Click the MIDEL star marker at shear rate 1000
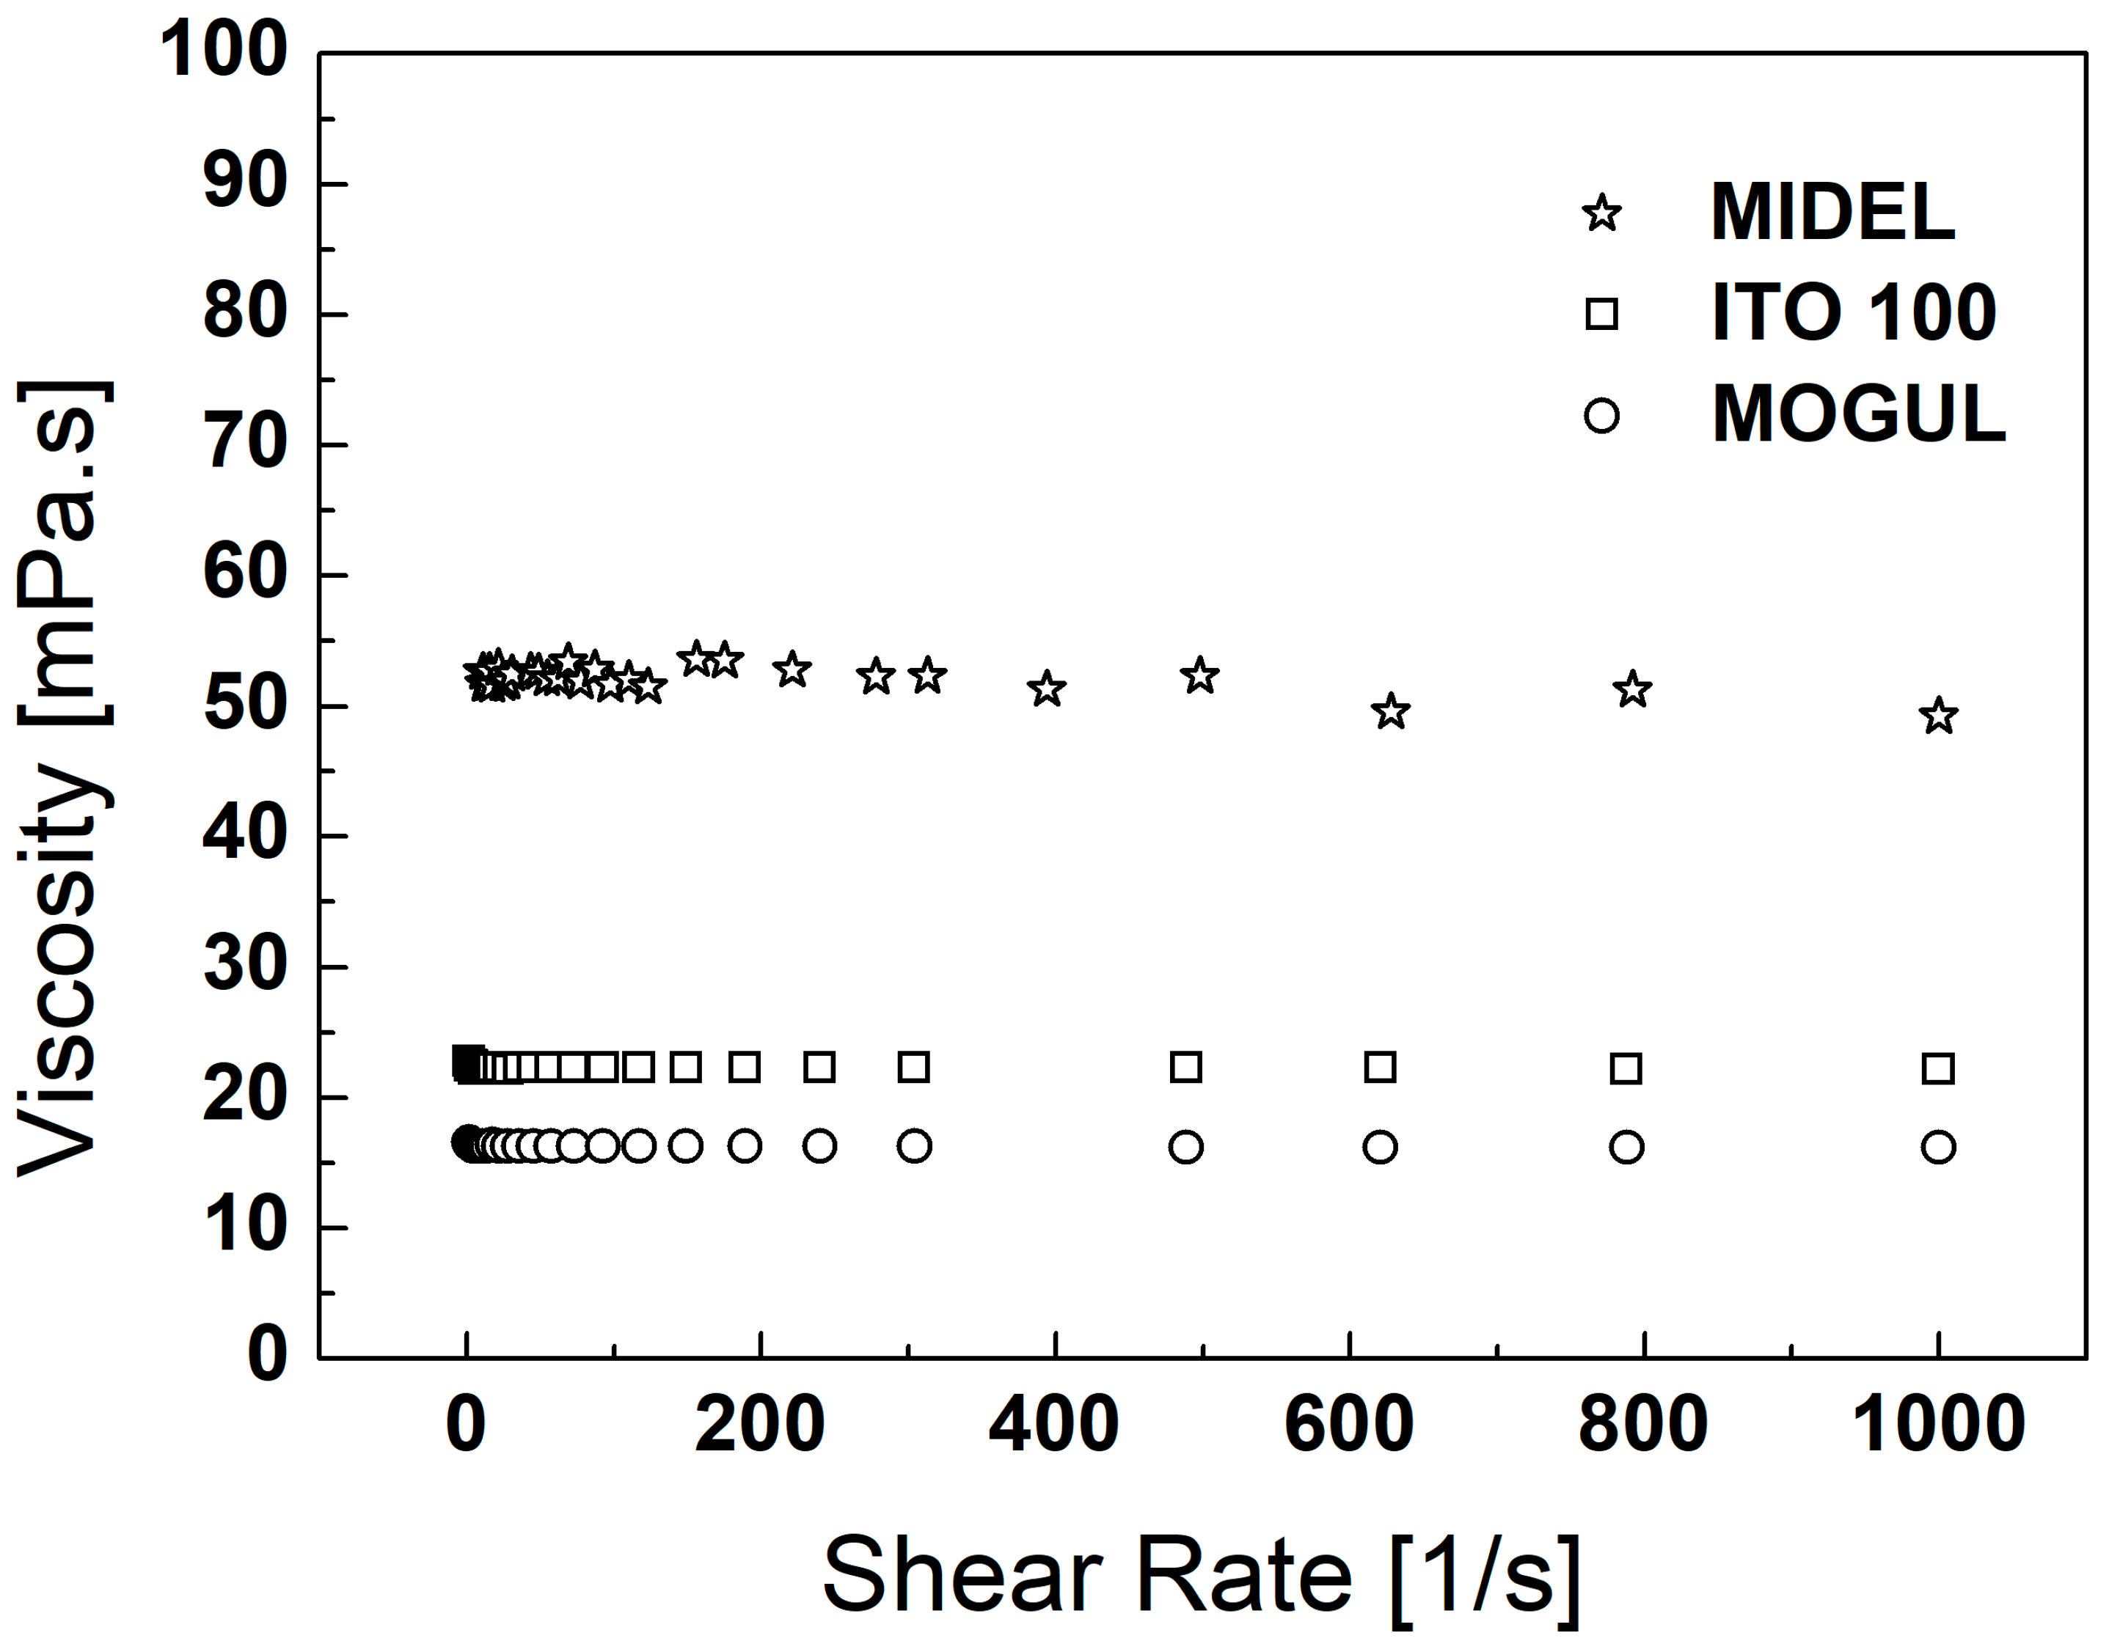pos(1938,716)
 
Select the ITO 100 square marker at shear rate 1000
pos(1938,1069)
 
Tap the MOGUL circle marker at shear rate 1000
pos(1938,1147)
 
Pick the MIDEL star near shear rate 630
pos(1391,712)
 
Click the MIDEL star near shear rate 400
pos(1047,690)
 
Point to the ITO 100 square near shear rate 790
pos(1626,1069)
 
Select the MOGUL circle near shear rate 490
pos(1186,1147)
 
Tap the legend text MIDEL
pos(1832,213)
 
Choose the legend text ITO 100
pos(1854,313)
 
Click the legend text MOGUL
pos(1858,415)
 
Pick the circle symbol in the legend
pos(1601,416)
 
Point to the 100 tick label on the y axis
pos(224,51)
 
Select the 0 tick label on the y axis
pos(267,1354)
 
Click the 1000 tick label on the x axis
pos(1938,1425)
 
